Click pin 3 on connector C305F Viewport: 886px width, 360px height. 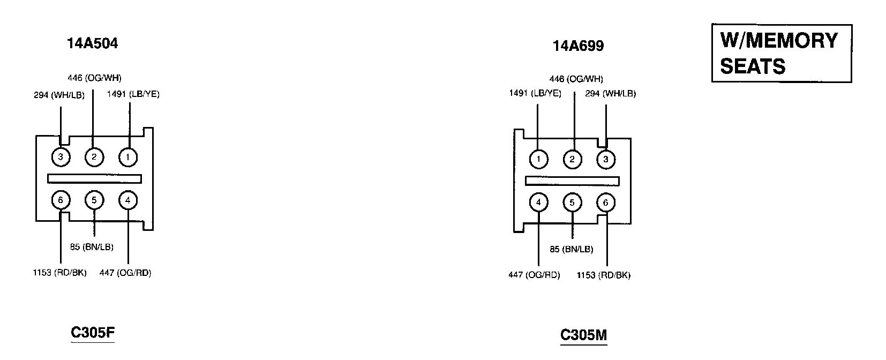point(61,157)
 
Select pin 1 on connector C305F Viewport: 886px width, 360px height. point(128,157)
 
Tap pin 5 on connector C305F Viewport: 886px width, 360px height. point(94,200)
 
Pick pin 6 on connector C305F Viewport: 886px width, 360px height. point(61,200)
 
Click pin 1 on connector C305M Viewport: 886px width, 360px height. point(538,159)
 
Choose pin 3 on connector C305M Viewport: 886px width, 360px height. point(606,159)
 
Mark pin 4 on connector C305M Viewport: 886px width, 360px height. point(538,202)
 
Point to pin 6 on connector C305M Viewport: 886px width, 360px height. point(606,202)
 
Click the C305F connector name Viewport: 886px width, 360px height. point(93,333)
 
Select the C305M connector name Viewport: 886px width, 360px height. point(583,335)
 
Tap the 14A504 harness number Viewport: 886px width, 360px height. point(92,43)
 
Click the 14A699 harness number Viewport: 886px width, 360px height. point(578,46)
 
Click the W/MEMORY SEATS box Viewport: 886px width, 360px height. point(781,53)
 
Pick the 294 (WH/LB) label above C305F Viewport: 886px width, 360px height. point(59,95)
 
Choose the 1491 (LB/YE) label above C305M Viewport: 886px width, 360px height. point(535,93)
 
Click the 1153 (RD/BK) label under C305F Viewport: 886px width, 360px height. point(59,273)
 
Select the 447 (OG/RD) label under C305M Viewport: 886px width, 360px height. point(534,275)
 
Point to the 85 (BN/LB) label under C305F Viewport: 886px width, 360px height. point(92,247)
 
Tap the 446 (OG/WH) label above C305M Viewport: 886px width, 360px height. point(576,79)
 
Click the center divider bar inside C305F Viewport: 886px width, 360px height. point(94,179)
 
